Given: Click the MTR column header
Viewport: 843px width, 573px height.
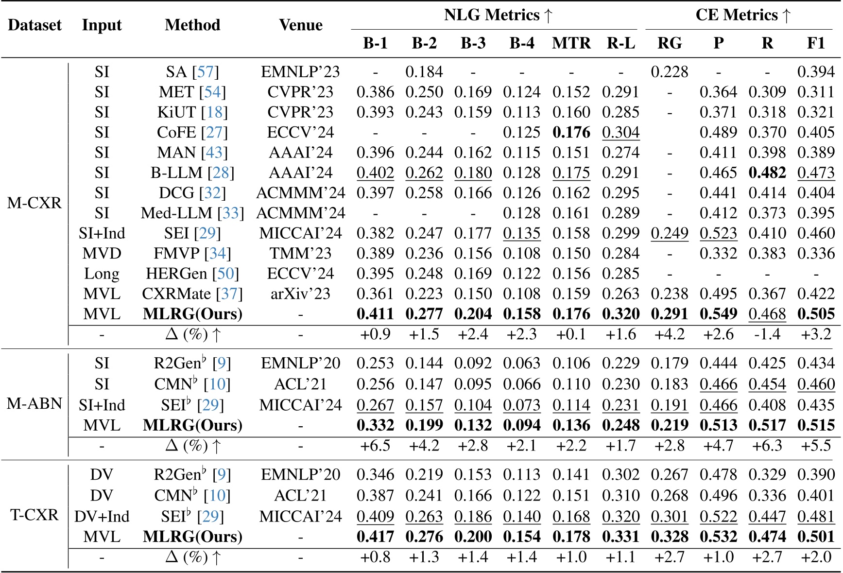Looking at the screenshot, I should click(571, 43).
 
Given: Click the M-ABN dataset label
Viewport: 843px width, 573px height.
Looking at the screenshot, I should click(34, 403).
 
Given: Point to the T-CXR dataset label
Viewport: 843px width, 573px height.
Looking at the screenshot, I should click(34, 515).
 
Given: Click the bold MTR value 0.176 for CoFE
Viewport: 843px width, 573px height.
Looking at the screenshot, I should click(571, 133).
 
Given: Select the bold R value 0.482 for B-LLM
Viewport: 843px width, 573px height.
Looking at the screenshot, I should click(767, 173).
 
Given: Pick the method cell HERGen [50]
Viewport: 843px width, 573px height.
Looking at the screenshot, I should click(192, 274).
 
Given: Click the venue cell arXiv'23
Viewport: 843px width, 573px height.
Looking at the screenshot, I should click(300, 294).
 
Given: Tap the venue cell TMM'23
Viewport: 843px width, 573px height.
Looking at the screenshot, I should click(300, 254).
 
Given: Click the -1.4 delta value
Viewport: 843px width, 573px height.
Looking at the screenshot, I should click(767, 334).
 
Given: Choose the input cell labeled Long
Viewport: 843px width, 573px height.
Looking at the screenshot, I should click(102, 274).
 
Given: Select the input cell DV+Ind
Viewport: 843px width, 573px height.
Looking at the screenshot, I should click(102, 516).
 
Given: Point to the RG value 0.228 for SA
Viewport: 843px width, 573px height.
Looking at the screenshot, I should click(669, 72).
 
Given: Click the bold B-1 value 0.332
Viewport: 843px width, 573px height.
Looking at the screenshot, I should click(375, 425).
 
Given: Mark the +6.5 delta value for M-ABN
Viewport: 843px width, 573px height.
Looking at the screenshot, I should click(375, 446).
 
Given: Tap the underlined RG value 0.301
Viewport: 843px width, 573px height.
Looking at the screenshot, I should click(669, 516).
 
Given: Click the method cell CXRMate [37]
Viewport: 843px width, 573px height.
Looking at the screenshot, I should click(192, 294).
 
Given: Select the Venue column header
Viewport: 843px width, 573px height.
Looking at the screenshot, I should click(300, 25).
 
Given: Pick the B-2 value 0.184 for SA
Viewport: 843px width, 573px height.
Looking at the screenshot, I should click(424, 72).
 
